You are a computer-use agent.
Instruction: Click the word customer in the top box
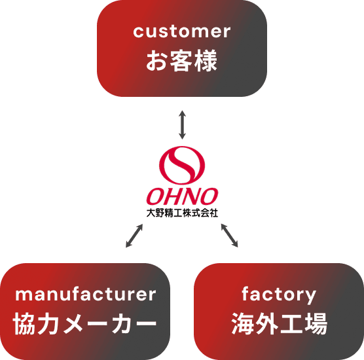coord(182,31)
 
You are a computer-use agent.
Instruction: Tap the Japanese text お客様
coord(182,61)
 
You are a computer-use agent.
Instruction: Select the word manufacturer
coord(85,295)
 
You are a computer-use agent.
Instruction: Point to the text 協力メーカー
coord(84,323)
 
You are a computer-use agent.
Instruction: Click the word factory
coord(279,295)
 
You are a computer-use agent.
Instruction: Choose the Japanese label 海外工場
coord(279,323)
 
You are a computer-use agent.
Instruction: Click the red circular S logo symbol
coord(182,165)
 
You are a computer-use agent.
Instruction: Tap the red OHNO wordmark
coord(182,196)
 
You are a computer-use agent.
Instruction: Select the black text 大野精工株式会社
coord(182,213)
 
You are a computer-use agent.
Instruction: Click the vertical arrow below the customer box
coord(182,125)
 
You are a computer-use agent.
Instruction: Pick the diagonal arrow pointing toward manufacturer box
coord(134,236)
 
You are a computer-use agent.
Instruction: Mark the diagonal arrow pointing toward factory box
coord(230,236)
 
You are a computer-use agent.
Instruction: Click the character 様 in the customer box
coord(206,61)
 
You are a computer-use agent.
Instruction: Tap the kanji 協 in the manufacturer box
coord(24,323)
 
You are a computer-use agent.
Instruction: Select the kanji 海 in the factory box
coord(243,323)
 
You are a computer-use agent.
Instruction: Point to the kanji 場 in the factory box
coord(316,323)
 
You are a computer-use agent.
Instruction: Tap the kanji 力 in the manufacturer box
coord(49,323)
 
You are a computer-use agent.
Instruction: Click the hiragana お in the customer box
coord(157,61)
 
